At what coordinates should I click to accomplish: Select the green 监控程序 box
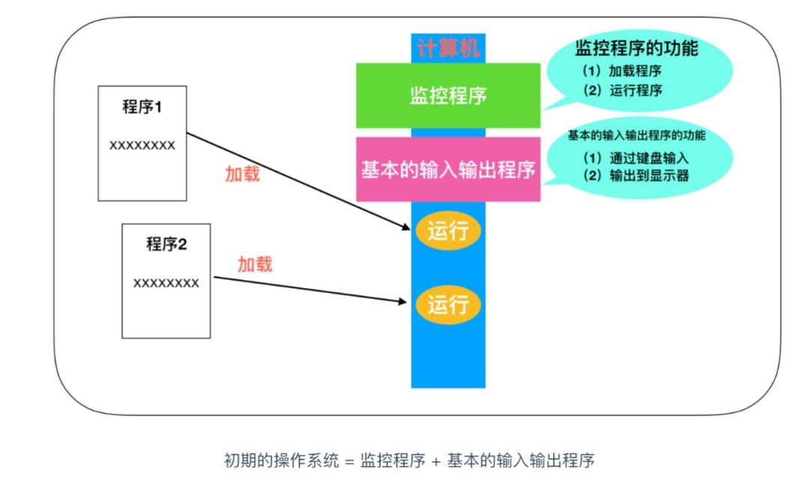(448, 95)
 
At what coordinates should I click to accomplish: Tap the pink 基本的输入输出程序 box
(448, 169)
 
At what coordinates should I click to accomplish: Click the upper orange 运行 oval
(448, 231)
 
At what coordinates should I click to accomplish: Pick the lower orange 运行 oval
(448, 304)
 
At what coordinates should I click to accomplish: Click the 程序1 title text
(142, 107)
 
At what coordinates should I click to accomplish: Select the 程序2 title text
(166, 244)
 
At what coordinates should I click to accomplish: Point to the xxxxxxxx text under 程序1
(142, 145)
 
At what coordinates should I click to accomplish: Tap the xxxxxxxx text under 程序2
(166, 283)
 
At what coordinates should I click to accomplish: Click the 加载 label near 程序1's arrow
(243, 174)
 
